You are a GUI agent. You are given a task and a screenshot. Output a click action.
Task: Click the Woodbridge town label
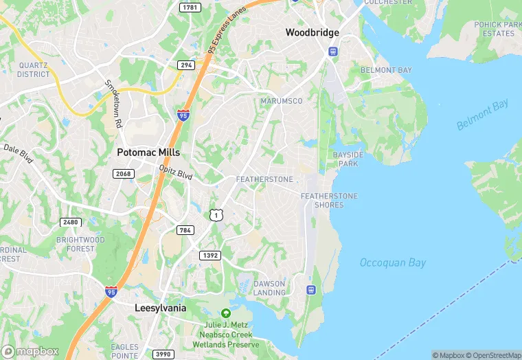point(313,33)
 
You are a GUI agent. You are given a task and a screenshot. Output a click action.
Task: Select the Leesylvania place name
point(160,308)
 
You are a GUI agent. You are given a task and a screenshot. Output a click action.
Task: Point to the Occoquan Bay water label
point(393,262)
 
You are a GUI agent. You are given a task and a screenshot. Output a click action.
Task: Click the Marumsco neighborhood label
point(282,101)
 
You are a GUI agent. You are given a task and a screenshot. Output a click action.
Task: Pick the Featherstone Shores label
point(329,201)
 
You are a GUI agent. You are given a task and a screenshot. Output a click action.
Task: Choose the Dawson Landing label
point(269,288)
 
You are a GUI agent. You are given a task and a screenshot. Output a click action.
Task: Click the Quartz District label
point(34,69)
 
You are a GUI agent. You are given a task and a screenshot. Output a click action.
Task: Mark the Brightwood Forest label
point(80,244)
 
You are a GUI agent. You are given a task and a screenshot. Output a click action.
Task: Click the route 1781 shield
point(190,7)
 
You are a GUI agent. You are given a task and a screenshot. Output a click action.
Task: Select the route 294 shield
point(185,65)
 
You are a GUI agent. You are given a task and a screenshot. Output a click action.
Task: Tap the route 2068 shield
point(124,174)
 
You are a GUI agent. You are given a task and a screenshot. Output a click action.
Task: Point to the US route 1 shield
point(216,216)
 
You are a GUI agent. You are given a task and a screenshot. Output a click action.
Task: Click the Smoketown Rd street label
point(113,104)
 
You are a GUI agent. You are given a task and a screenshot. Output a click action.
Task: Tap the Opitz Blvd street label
point(176,172)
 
